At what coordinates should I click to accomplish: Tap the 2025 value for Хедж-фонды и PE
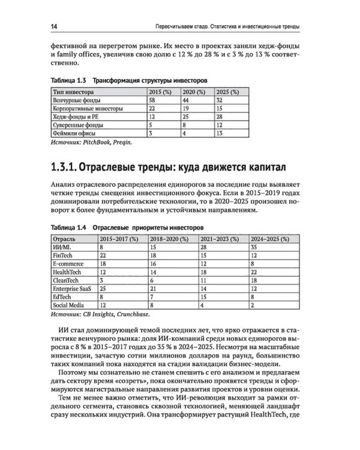click(x=218, y=118)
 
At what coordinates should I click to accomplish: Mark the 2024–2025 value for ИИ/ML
click(x=253, y=246)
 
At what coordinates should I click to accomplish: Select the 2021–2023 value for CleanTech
click(x=203, y=280)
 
